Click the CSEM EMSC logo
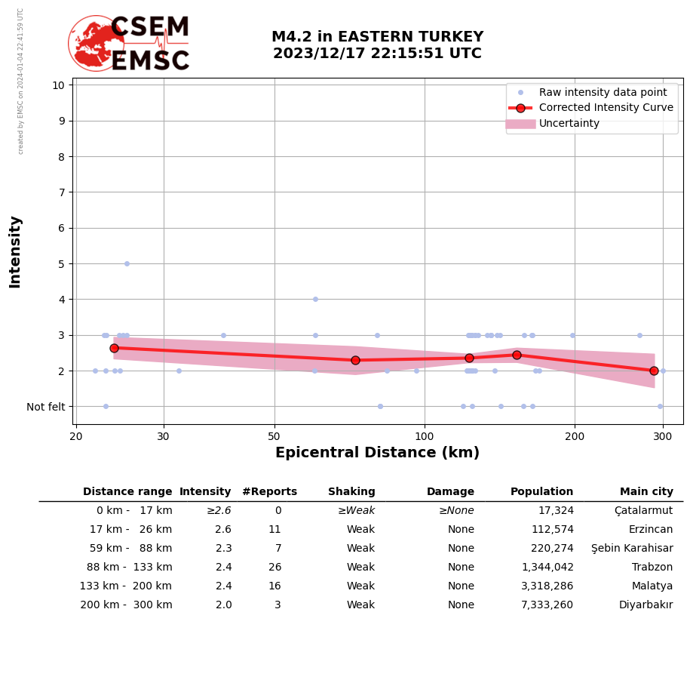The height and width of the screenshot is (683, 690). coord(129,44)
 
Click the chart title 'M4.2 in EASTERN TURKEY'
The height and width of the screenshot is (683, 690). coord(377,37)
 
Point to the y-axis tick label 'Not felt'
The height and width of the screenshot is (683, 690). coord(46,407)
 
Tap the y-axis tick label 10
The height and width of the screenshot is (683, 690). coord(58,85)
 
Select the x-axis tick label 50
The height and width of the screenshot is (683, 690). coord(274,437)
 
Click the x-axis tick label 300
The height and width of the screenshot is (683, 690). coord(663,437)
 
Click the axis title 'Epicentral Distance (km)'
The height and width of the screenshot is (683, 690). coord(377,453)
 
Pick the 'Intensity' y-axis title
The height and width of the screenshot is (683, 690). coord(15,251)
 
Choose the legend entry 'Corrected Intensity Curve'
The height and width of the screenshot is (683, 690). coord(606,108)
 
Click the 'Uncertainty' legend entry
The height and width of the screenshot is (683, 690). coord(569,124)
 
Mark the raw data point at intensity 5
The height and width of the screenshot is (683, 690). coord(127,263)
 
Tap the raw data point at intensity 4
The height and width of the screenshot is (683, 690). coord(315,299)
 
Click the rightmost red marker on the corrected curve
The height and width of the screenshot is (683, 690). coord(654,371)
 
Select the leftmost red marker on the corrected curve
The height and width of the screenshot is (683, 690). coord(114,348)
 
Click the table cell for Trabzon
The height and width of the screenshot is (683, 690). coord(652,568)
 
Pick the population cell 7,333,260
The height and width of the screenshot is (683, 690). coord(547,605)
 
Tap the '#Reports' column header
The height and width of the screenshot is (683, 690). coord(269,492)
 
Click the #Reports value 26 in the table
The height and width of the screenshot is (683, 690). coord(274,568)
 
